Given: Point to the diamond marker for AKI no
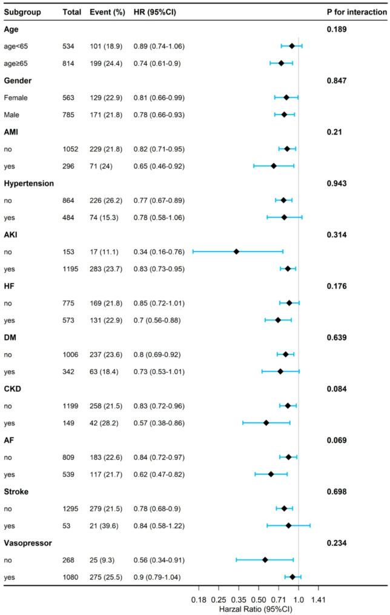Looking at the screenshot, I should (x=236, y=251).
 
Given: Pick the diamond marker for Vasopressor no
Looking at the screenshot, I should (x=265, y=560).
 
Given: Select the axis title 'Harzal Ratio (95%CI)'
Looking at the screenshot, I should (x=258, y=608).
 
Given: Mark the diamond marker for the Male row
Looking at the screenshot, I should (x=284, y=115).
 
